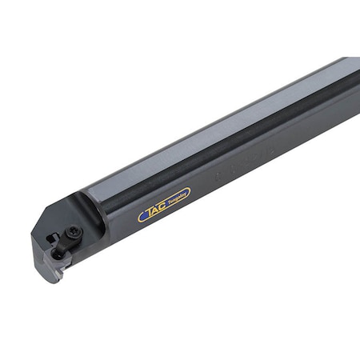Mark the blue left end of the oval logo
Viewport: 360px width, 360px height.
point(142,215)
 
